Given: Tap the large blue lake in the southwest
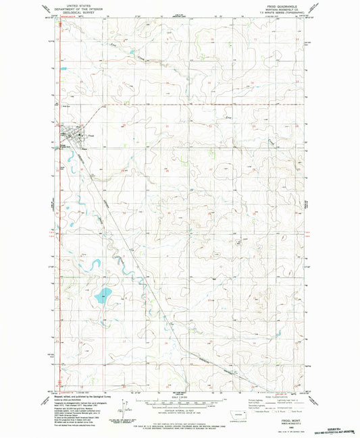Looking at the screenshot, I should pyautogui.click(x=103, y=295).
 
